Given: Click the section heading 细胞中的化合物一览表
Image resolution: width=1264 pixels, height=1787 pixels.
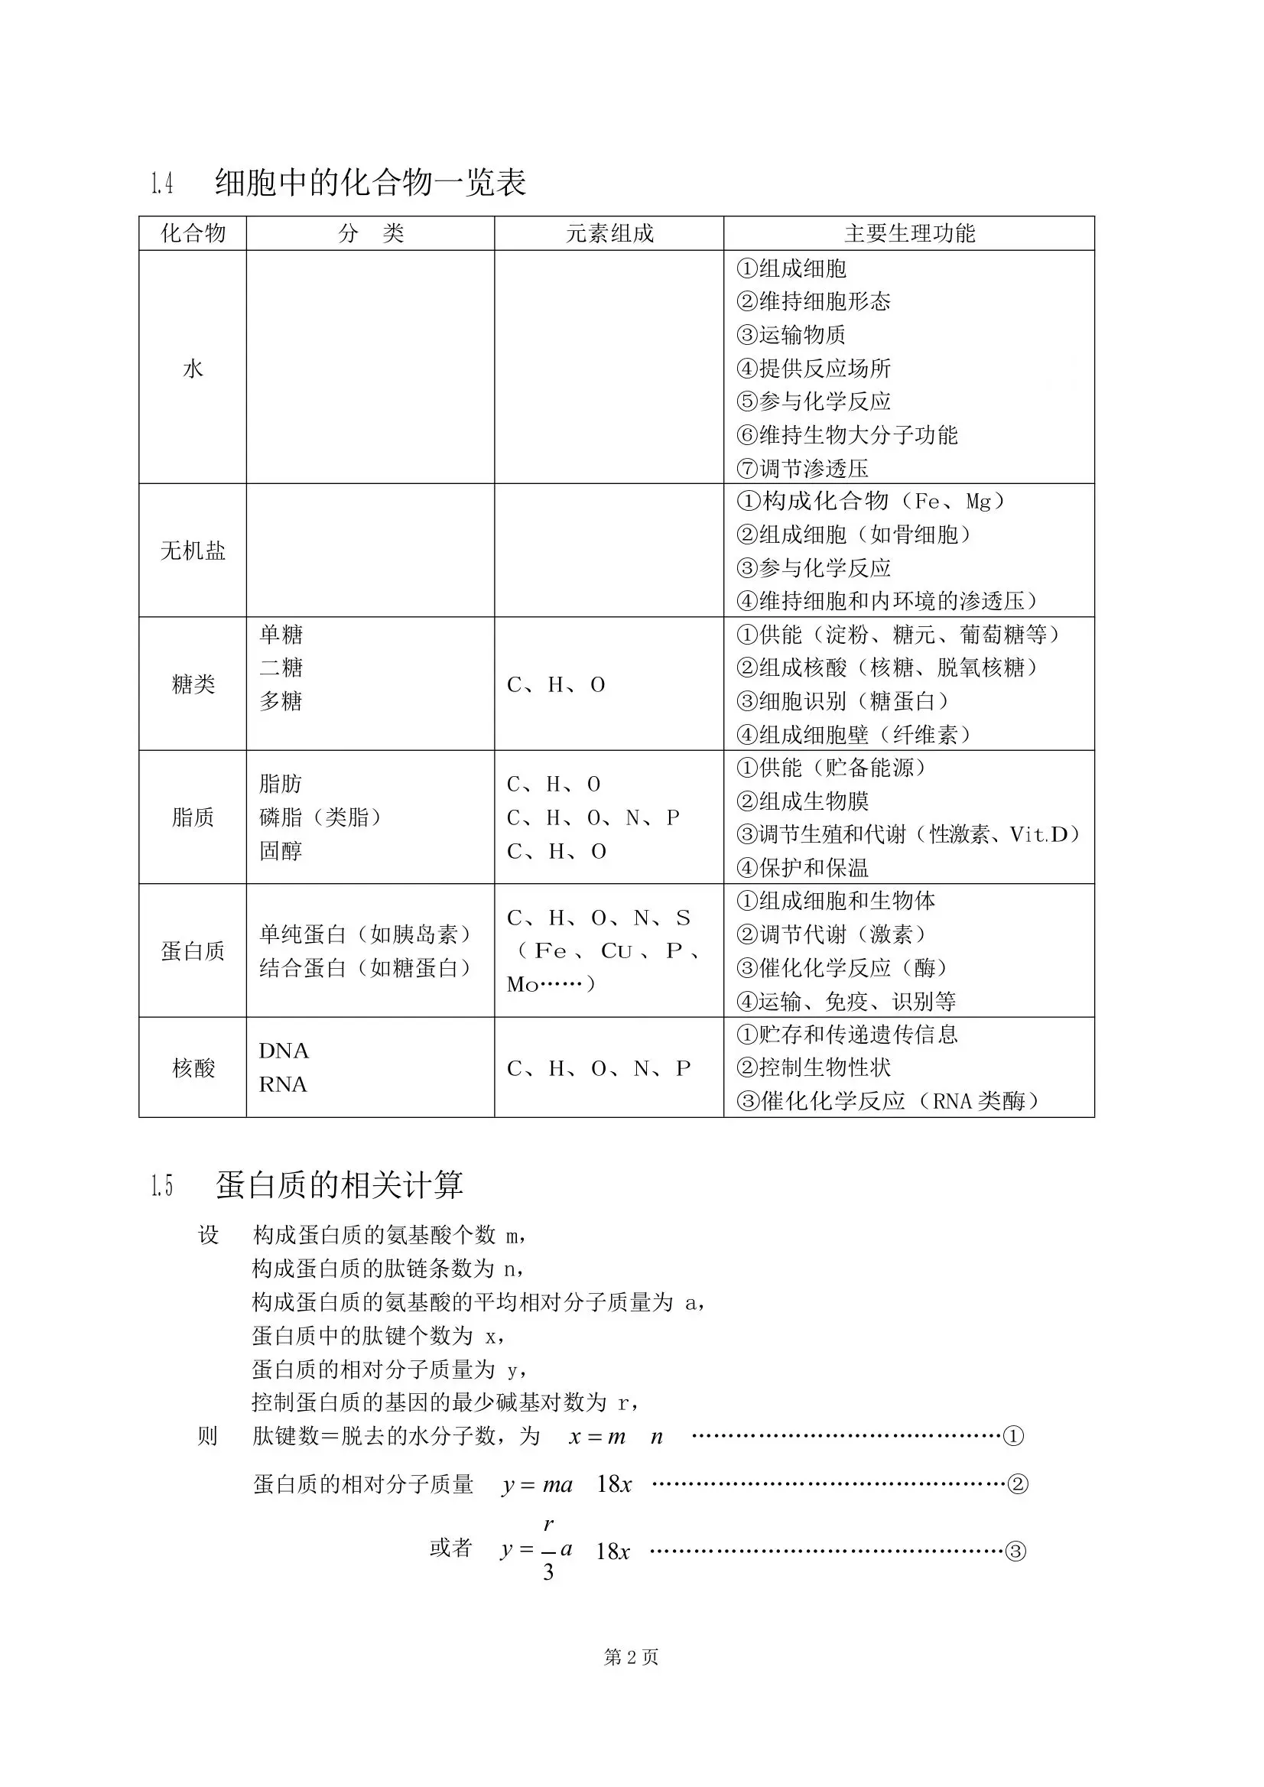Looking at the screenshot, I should click(x=370, y=183).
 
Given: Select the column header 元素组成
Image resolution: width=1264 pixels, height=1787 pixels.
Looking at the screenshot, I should click(x=609, y=233).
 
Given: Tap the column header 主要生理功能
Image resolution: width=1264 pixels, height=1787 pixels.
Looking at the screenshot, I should click(x=909, y=233).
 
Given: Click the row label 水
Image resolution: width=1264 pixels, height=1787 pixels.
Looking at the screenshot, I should click(x=193, y=368).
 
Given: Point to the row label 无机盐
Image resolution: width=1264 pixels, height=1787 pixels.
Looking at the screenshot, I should click(x=193, y=551).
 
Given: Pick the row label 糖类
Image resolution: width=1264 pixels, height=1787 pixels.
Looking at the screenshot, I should click(x=193, y=684).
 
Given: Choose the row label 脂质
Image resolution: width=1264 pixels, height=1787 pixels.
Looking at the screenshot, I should click(x=193, y=817).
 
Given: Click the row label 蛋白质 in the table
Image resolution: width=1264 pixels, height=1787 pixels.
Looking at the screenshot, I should click(x=193, y=950).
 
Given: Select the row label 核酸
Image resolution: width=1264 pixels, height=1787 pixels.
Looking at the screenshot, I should click(x=193, y=1067).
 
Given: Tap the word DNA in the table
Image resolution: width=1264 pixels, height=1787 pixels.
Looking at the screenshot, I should click(x=284, y=1051).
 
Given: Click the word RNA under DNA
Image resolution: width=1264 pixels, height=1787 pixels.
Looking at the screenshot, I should click(x=283, y=1085).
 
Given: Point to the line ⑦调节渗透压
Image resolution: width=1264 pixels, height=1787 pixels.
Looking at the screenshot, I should click(x=802, y=469).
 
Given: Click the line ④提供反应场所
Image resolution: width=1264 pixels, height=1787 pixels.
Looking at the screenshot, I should click(x=814, y=368).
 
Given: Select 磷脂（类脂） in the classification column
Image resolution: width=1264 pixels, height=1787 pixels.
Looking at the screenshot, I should click(x=320, y=817).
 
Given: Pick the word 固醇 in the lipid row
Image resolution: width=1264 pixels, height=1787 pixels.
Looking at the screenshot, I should click(x=281, y=851).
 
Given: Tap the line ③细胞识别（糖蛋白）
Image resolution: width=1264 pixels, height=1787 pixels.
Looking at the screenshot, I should click(x=843, y=701).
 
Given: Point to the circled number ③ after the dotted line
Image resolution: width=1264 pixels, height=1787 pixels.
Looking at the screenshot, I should click(x=1015, y=1551).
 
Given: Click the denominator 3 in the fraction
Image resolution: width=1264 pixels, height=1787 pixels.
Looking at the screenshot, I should click(x=549, y=1572).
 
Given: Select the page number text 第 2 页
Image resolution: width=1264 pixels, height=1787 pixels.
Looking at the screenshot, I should click(x=631, y=1679).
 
